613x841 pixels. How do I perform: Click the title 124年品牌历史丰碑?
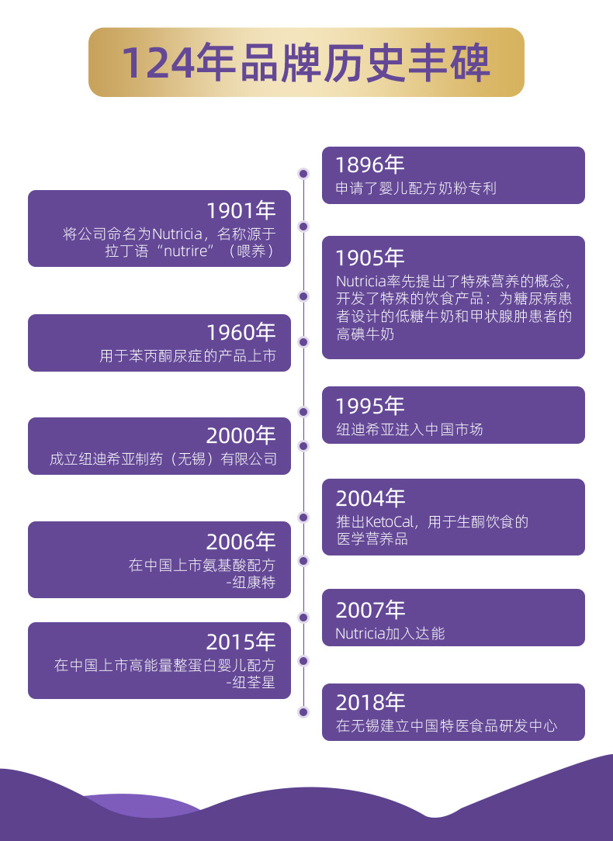[x=306, y=63]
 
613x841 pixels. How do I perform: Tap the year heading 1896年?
[x=370, y=164]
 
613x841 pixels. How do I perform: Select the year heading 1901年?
[x=241, y=210]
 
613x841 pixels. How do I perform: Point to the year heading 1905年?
[x=370, y=258]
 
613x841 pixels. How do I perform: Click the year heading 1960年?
[x=241, y=333]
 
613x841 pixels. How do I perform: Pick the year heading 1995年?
[x=370, y=406]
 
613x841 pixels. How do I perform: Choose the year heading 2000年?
[x=241, y=436]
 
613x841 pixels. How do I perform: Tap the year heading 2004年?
[x=370, y=498]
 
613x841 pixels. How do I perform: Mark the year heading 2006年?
[x=241, y=542]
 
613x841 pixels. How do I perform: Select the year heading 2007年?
[x=370, y=610]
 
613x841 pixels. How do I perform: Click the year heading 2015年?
[x=241, y=642]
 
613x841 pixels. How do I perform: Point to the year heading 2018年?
[x=370, y=703]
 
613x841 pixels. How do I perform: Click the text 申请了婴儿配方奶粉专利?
[x=416, y=188]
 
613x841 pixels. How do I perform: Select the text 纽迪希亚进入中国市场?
[x=410, y=429]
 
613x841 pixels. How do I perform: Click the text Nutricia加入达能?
[x=390, y=633]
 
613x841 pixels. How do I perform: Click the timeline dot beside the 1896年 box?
[x=303, y=174]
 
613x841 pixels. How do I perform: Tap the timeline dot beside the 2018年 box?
[x=303, y=711]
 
